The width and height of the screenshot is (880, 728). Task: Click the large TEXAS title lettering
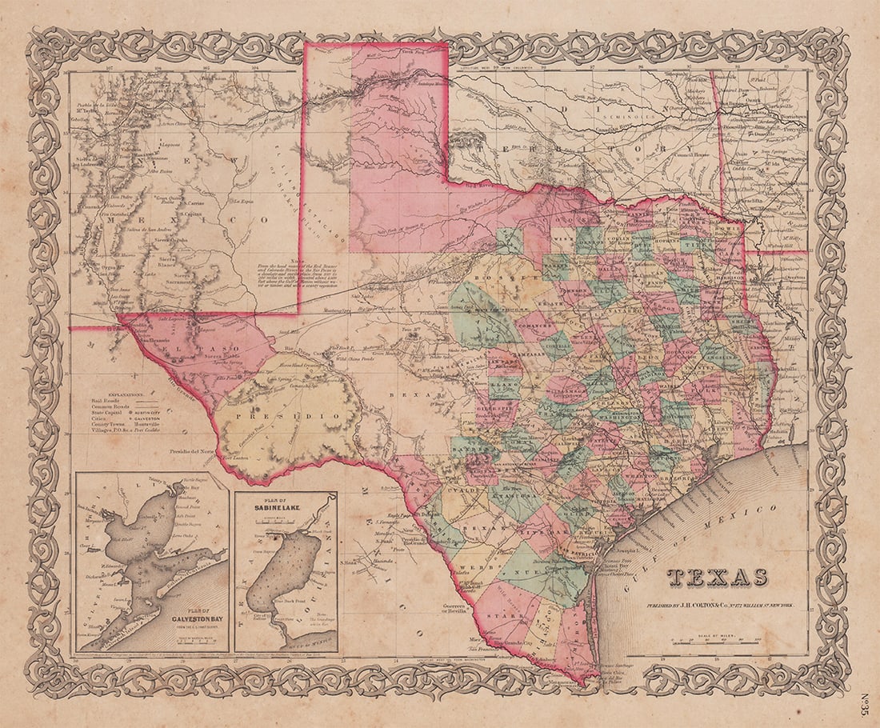(x=718, y=578)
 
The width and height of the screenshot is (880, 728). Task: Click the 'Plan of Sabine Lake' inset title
(x=286, y=506)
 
